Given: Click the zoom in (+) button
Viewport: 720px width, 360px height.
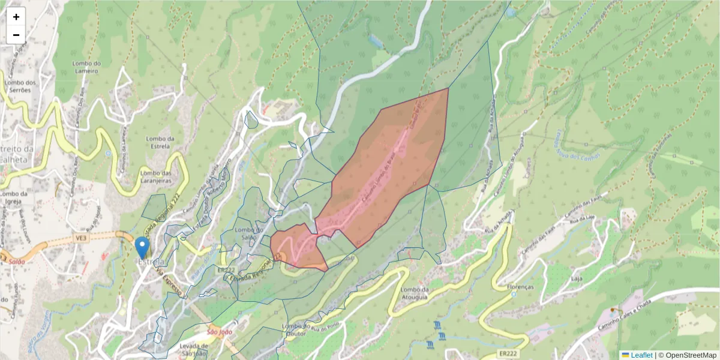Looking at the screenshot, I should pos(16,17).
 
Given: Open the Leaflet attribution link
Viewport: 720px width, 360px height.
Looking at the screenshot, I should pos(641,355).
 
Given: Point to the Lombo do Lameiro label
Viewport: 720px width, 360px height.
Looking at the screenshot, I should pos(85,67).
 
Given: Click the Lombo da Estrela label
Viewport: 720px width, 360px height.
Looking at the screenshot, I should pos(160,143).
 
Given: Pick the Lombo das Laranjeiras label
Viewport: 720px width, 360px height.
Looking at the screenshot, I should pos(156,176).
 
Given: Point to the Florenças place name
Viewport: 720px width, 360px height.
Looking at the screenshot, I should pos(520,287).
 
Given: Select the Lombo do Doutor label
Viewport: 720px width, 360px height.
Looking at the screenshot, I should pos(295,330).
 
